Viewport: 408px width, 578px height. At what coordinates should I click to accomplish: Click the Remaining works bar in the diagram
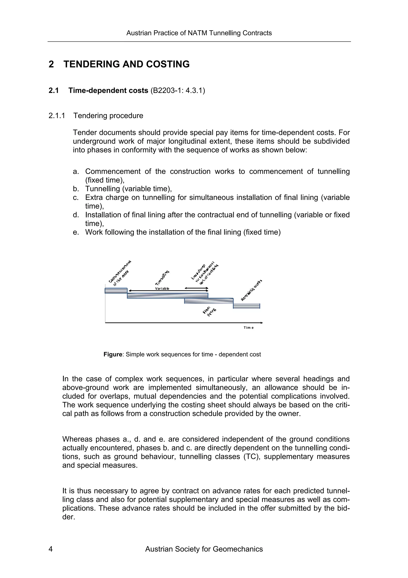246,306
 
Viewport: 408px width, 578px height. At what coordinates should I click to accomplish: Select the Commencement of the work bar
116,291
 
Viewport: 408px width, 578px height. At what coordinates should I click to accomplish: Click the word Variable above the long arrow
162,288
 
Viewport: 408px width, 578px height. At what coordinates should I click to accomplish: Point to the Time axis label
248,327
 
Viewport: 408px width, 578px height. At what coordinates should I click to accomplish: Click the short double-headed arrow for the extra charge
196,288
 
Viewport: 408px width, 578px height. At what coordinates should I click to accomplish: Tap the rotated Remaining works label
251,290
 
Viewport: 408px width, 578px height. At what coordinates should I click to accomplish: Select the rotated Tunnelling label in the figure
162,277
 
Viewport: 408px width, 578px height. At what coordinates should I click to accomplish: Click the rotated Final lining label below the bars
209,311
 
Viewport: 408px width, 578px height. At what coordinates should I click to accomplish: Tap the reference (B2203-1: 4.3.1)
178,90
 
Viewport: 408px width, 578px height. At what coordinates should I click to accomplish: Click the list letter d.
76,215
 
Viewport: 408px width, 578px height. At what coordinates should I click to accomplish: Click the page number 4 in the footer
51,549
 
